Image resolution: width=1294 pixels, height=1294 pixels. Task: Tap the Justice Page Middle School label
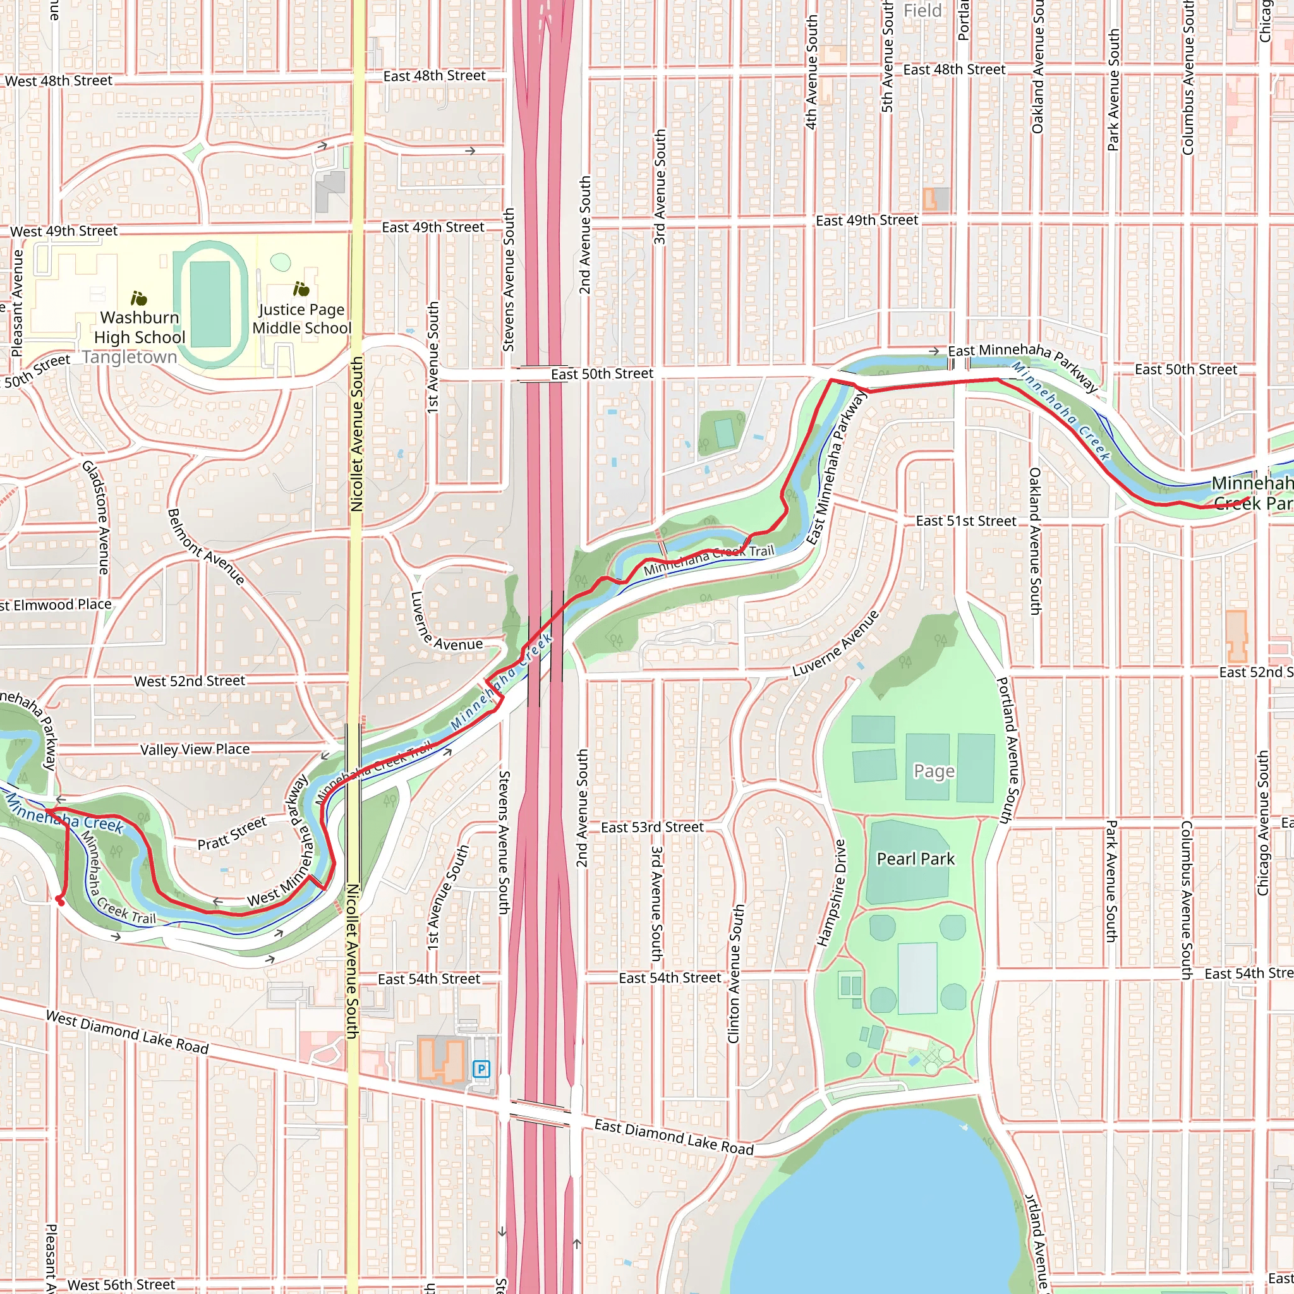click(301, 319)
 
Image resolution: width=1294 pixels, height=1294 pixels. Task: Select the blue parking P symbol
click(481, 1069)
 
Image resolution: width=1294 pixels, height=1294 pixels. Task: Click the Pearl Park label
click(916, 859)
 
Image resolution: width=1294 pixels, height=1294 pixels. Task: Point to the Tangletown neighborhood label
click(130, 357)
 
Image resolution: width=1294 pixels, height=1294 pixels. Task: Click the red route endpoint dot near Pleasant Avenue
click(60, 902)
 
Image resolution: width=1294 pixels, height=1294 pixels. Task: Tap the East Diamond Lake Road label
click(674, 1137)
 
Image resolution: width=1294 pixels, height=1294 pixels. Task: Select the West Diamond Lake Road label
click(127, 1032)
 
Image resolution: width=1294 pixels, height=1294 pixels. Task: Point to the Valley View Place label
click(195, 749)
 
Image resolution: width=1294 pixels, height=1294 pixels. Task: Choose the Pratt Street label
click(232, 834)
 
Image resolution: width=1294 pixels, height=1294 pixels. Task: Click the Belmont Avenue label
click(205, 547)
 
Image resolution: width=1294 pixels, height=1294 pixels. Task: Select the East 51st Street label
click(966, 521)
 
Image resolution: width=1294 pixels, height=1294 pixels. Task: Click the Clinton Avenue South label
click(735, 973)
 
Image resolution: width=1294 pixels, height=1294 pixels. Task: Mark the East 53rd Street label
click(651, 827)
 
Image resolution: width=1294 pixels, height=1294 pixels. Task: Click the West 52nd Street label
click(190, 681)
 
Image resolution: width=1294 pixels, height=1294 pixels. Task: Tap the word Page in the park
click(934, 771)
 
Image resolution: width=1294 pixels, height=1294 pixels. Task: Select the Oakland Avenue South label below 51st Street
click(1035, 541)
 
